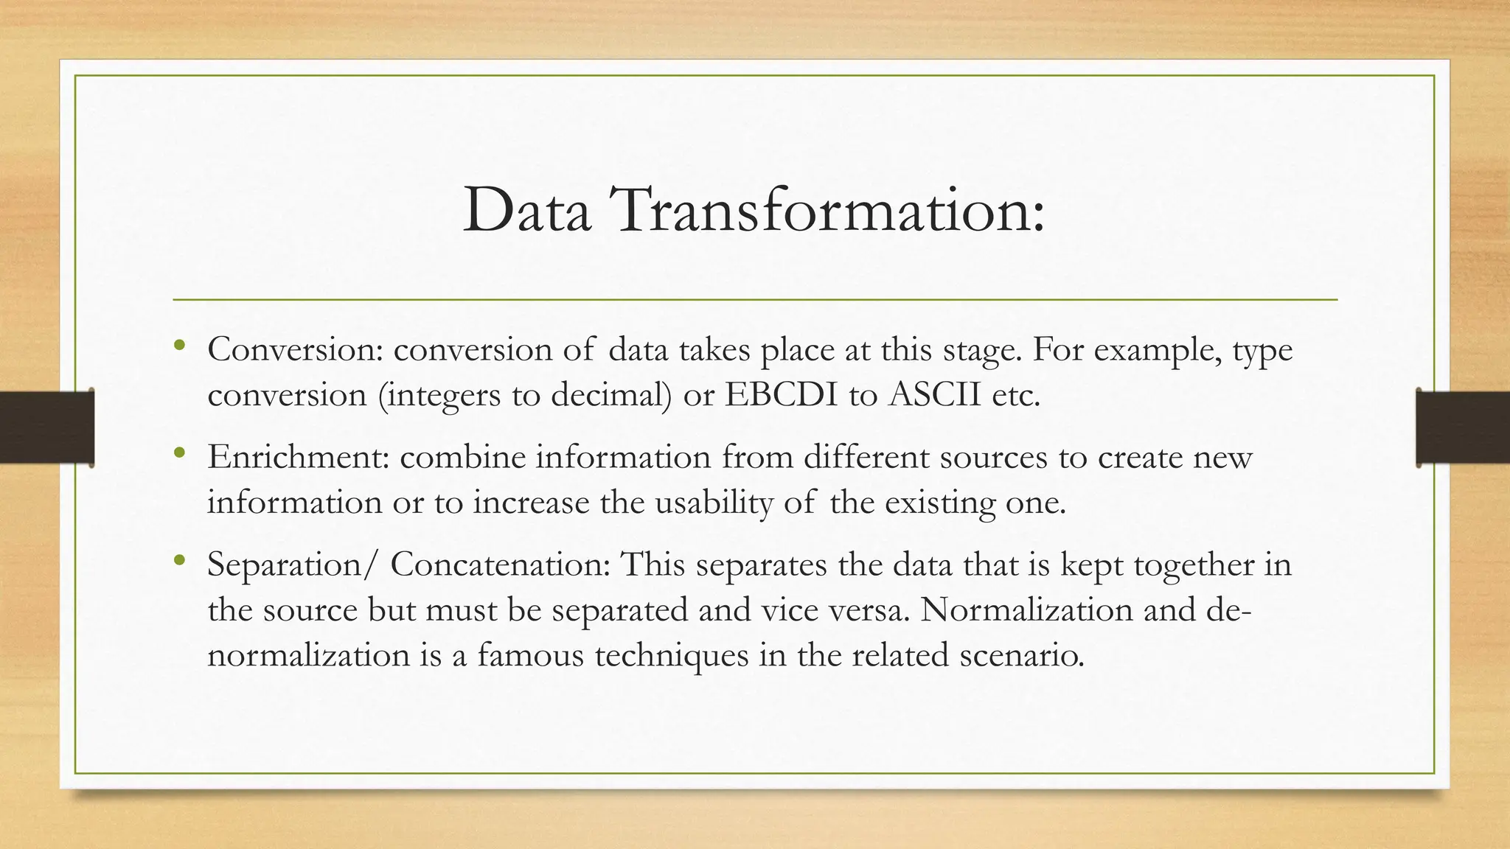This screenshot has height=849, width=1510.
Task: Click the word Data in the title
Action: coord(526,211)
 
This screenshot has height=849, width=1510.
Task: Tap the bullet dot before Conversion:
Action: coord(179,344)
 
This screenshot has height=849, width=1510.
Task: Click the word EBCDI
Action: coord(781,395)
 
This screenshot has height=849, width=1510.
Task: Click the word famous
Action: coord(530,655)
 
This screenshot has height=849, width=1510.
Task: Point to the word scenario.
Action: coord(1022,655)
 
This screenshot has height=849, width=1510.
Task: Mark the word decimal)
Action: coord(611,395)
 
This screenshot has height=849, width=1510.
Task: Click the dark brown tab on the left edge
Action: coord(46,427)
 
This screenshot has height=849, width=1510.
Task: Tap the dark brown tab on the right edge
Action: coord(1463,427)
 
